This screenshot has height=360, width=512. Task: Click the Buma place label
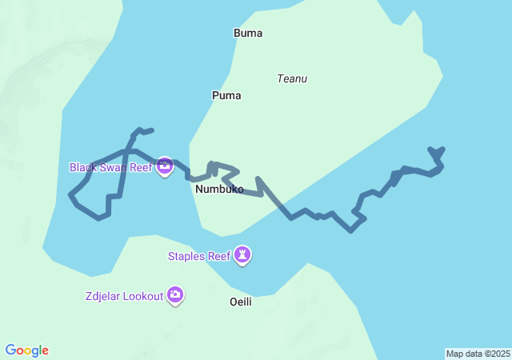(248, 33)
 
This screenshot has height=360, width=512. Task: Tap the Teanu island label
(292, 78)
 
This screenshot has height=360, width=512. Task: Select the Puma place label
(226, 95)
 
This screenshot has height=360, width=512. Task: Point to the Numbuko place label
(219, 190)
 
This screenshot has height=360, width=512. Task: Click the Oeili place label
(241, 302)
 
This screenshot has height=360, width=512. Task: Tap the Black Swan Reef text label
(110, 167)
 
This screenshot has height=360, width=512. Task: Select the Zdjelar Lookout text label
(124, 296)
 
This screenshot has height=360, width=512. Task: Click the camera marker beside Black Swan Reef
(165, 166)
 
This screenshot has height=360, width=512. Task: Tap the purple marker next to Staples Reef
(242, 255)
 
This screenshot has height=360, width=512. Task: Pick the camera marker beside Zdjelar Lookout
(175, 295)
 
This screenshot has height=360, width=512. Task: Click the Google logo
(27, 350)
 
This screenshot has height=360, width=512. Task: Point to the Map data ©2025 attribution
(478, 354)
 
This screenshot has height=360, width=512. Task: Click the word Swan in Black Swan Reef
(111, 167)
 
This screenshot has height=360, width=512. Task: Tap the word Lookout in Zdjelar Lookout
(143, 296)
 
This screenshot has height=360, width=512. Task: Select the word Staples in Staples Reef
(187, 256)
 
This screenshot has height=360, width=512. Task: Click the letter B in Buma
(237, 33)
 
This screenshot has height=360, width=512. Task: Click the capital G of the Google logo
(11, 350)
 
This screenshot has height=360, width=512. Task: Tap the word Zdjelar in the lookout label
(104, 296)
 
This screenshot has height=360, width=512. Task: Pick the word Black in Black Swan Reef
(82, 167)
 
